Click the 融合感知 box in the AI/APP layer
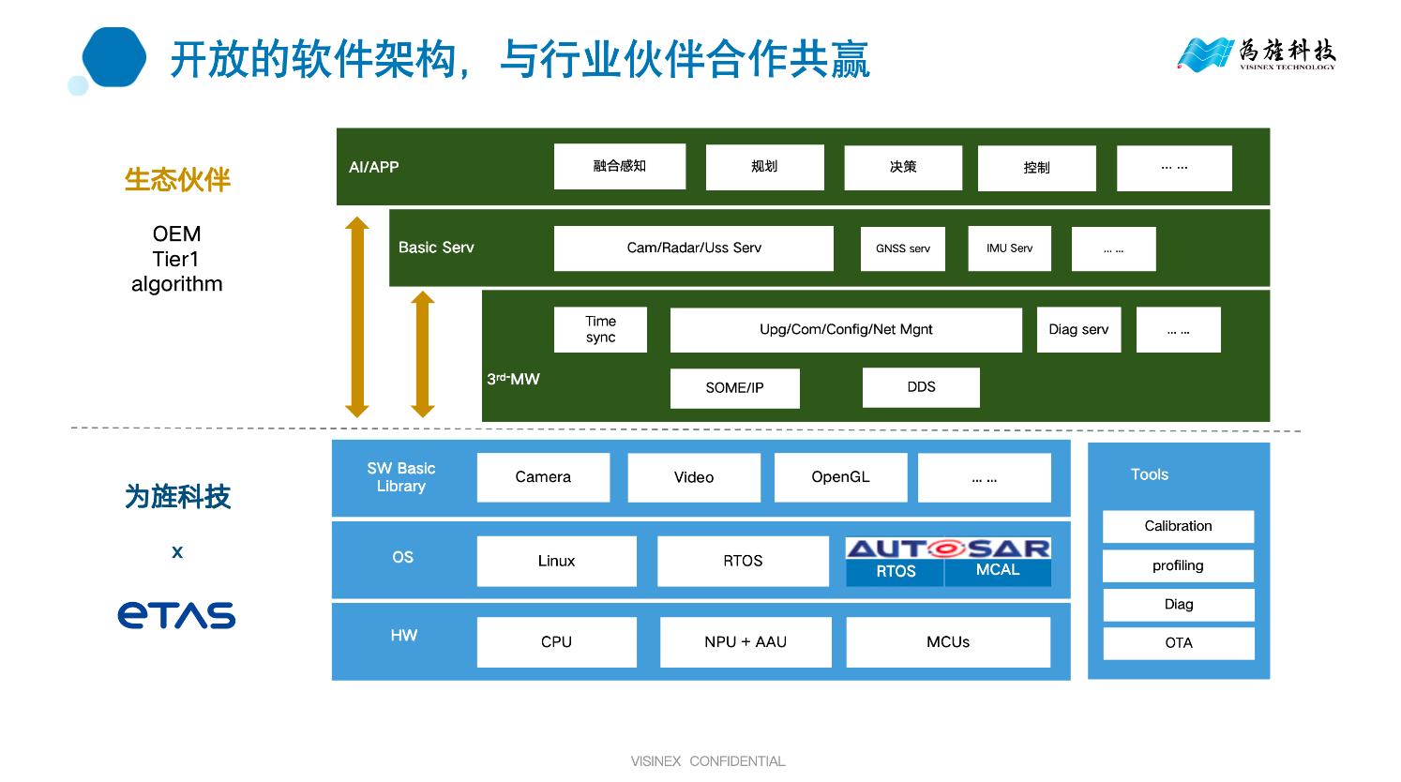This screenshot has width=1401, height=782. [619, 167]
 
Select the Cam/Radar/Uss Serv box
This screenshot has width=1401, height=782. [693, 248]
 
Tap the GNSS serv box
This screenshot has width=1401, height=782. [903, 248]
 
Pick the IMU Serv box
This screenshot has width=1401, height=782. [1009, 248]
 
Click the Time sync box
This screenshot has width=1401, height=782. [600, 330]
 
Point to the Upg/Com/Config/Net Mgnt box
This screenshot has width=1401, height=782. [846, 330]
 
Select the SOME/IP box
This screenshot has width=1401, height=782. [734, 388]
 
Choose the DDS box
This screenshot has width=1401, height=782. [921, 387]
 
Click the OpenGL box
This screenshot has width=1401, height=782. [840, 477]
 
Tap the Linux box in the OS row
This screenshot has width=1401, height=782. [556, 561]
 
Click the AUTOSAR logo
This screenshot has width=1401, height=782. [948, 549]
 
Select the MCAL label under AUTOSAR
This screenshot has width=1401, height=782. [998, 571]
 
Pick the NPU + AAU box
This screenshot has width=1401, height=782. [746, 642]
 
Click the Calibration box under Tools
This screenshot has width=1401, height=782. [1178, 526]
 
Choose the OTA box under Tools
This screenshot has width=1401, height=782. [1178, 643]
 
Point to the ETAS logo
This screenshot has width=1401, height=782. [176, 615]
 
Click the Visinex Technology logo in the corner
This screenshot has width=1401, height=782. [1256, 54]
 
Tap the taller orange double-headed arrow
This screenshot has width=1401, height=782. [356, 317]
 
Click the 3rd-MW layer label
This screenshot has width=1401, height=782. [513, 379]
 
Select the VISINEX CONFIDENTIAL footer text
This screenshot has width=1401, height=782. [708, 761]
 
